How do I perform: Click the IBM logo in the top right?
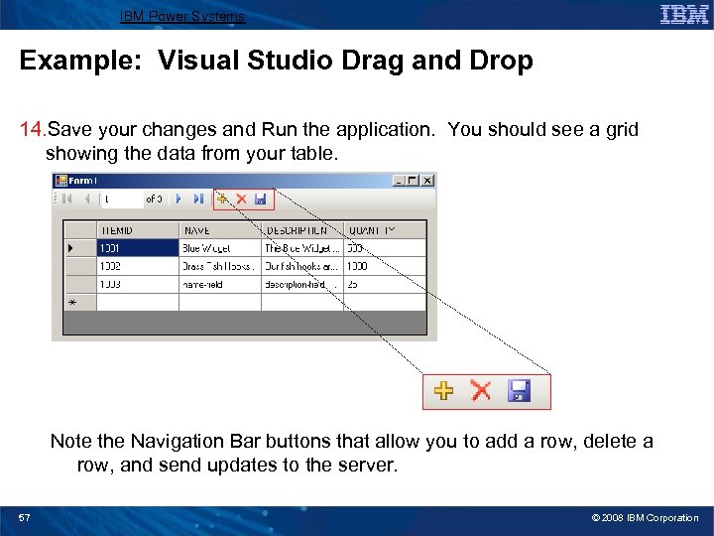click(684, 14)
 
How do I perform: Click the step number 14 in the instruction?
click(32, 130)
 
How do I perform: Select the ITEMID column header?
click(116, 230)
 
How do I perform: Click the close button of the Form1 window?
click(427, 181)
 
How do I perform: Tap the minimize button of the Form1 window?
click(398, 181)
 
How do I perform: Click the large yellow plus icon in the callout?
click(444, 391)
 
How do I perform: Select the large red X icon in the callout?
click(481, 391)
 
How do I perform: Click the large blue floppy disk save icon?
click(518, 391)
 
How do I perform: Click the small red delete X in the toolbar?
click(241, 200)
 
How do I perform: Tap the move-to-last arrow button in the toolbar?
click(197, 200)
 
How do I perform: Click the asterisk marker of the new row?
click(71, 302)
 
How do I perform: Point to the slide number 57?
click(24, 518)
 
